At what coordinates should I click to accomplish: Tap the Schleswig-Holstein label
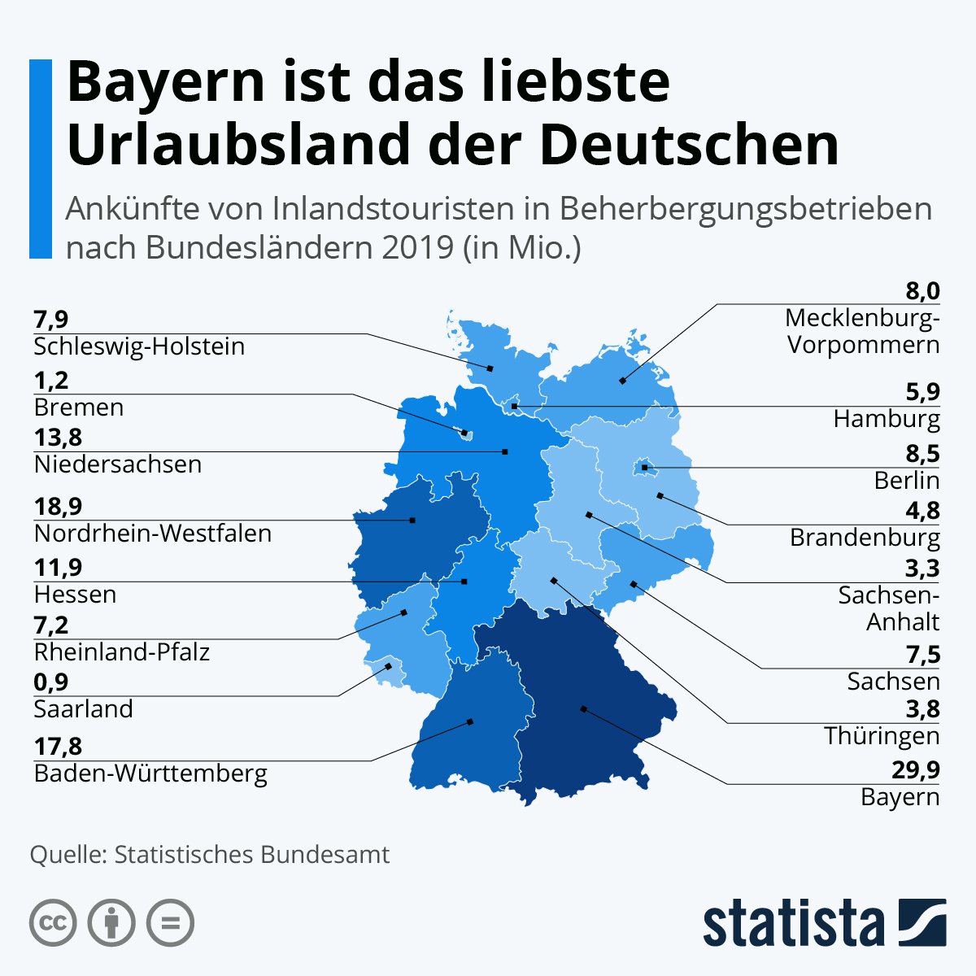click(139, 346)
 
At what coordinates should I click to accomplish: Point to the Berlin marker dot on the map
click(644, 468)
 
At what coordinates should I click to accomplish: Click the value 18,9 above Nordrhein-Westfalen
click(58, 507)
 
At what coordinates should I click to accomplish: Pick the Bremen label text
click(79, 407)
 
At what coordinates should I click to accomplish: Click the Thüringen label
click(882, 736)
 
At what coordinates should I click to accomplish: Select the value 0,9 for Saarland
click(51, 682)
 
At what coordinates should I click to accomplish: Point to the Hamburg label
click(887, 419)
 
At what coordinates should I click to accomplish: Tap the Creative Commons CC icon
click(53, 923)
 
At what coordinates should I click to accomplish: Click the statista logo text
click(793, 924)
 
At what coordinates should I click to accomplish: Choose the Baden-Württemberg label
click(150, 773)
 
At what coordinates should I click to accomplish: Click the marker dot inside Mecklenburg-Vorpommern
click(623, 380)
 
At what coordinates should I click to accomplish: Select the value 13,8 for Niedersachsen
click(58, 438)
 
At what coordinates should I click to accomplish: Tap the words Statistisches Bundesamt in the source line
click(252, 855)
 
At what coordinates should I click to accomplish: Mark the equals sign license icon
click(170, 923)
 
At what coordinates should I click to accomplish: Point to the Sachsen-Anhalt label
click(890, 608)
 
